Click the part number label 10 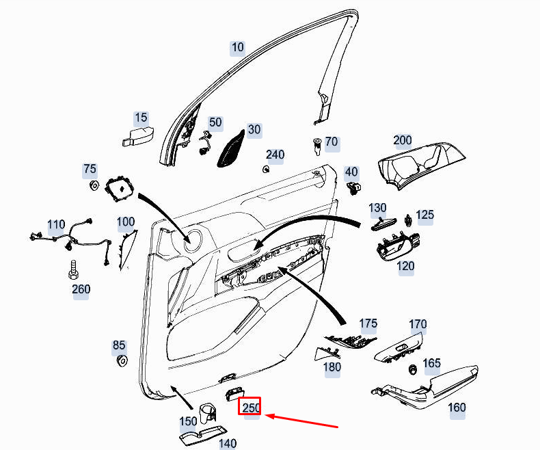pyautogui.click(x=237, y=47)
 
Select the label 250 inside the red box pyautogui.click(x=251, y=408)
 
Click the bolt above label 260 pyautogui.click(x=73, y=269)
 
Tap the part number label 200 pyautogui.click(x=403, y=140)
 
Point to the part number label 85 pyautogui.click(x=119, y=346)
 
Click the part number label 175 pyautogui.click(x=368, y=323)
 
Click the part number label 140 pyautogui.click(x=228, y=443)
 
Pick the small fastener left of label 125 pyautogui.click(x=408, y=219)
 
